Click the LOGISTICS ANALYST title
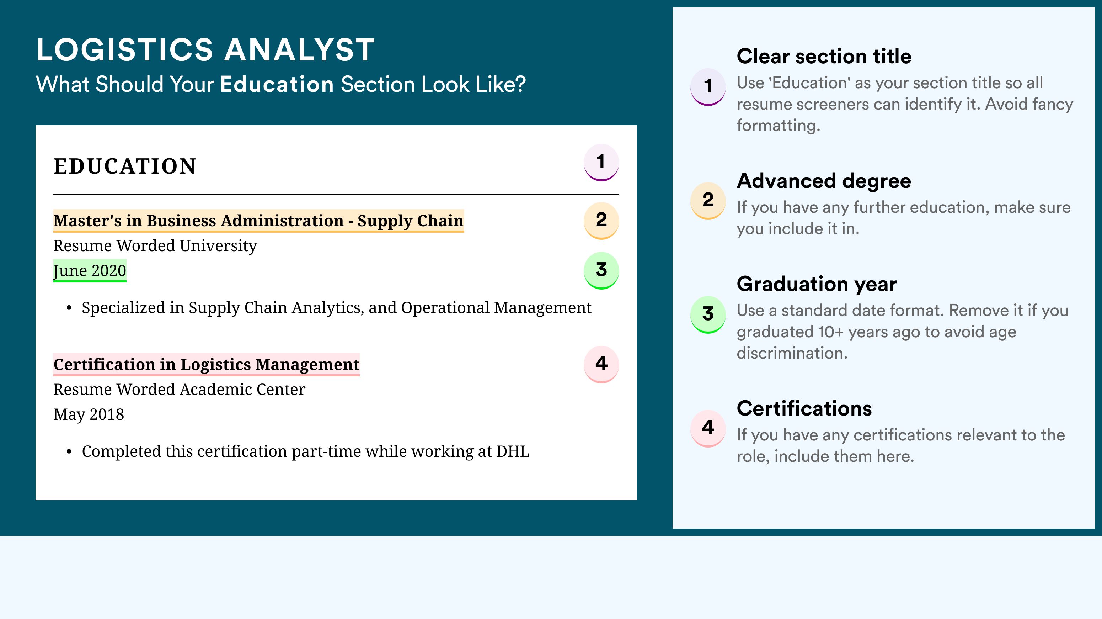click(205, 50)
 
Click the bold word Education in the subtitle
click(277, 84)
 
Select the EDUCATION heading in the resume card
click(124, 166)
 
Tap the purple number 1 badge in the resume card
click(601, 163)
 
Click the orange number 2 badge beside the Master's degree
click(601, 221)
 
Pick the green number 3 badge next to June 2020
click(601, 270)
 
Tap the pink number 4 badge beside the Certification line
click(601, 364)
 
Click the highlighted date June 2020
click(90, 270)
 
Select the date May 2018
click(89, 414)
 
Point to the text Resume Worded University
click(155, 246)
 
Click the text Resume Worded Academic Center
click(179, 389)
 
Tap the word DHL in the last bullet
click(513, 451)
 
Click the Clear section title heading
click(824, 56)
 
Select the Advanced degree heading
click(824, 181)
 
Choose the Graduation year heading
click(817, 284)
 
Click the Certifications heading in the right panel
click(804, 408)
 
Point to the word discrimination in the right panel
click(792, 353)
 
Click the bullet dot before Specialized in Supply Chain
click(69, 308)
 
